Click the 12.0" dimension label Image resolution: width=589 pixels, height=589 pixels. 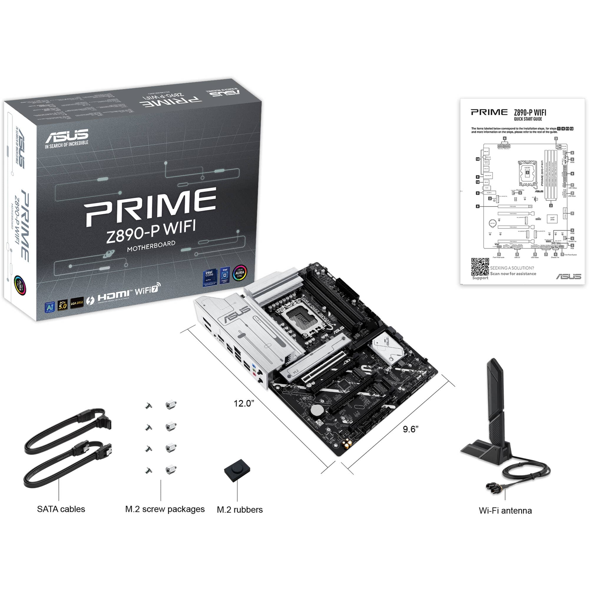coord(244,403)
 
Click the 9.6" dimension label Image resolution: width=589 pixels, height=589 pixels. coord(410,429)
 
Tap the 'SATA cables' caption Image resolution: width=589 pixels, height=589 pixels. coord(61,509)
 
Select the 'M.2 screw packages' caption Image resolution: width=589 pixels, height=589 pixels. coord(165,509)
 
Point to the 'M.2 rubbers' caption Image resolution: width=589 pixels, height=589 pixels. coord(240,510)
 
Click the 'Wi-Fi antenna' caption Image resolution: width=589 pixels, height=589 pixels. coord(505,511)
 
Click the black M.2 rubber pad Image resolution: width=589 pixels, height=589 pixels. coord(237,470)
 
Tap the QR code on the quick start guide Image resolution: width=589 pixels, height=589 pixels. coord(480,267)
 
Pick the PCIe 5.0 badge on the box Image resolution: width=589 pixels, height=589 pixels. coord(62,305)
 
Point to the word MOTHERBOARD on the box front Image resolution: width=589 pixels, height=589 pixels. coord(151,246)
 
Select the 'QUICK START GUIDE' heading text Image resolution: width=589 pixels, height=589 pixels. coord(528,119)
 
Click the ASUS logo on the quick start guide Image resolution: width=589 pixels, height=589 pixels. coord(569,276)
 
